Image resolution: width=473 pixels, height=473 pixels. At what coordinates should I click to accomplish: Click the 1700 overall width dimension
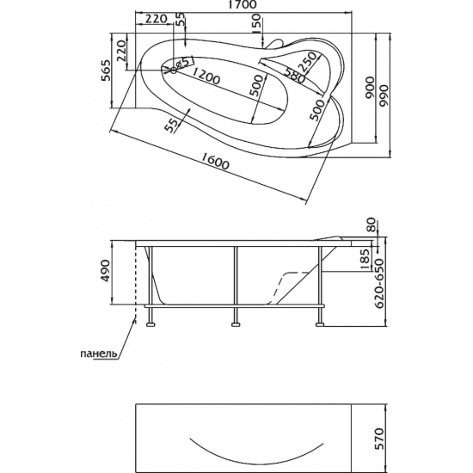pos(243,5)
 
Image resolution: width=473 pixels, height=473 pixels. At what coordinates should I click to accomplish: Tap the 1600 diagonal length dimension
pos(215,161)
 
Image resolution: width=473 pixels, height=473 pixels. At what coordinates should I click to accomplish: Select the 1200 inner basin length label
pos(206,76)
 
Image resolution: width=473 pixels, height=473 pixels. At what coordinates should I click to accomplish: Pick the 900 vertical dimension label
pos(369,88)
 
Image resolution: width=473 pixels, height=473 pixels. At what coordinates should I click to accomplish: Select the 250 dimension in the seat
pos(308,62)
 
